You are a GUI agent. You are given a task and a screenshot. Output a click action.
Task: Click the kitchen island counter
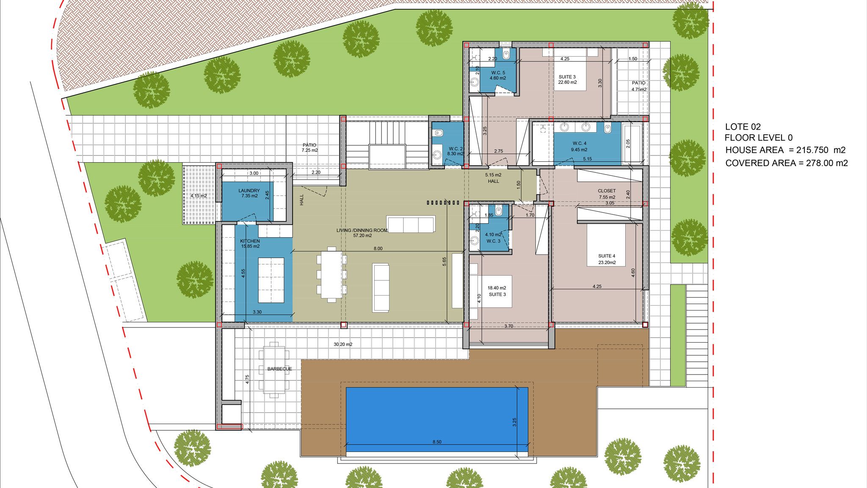pyautogui.click(x=271, y=280)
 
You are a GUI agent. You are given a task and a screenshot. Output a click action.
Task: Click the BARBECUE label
pyautogui.click(x=279, y=369)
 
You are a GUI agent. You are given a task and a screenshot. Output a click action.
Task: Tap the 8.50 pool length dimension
pyautogui.click(x=437, y=442)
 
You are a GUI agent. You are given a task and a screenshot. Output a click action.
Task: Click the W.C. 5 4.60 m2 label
pyautogui.click(x=498, y=75)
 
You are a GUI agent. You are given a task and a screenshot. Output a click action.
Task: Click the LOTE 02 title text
pyautogui.click(x=743, y=127)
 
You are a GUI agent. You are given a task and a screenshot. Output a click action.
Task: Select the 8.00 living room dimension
pyautogui.click(x=378, y=249)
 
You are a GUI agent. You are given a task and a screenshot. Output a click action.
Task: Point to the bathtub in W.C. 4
pyautogui.click(x=633, y=144)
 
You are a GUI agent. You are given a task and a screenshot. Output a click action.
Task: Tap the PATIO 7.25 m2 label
pyautogui.click(x=309, y=147)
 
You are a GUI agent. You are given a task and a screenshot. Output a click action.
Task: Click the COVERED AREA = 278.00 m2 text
pyautogui.click(x=786, y=163)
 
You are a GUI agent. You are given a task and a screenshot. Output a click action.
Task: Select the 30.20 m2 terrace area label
pyautogui.click(x=342, y=344)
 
